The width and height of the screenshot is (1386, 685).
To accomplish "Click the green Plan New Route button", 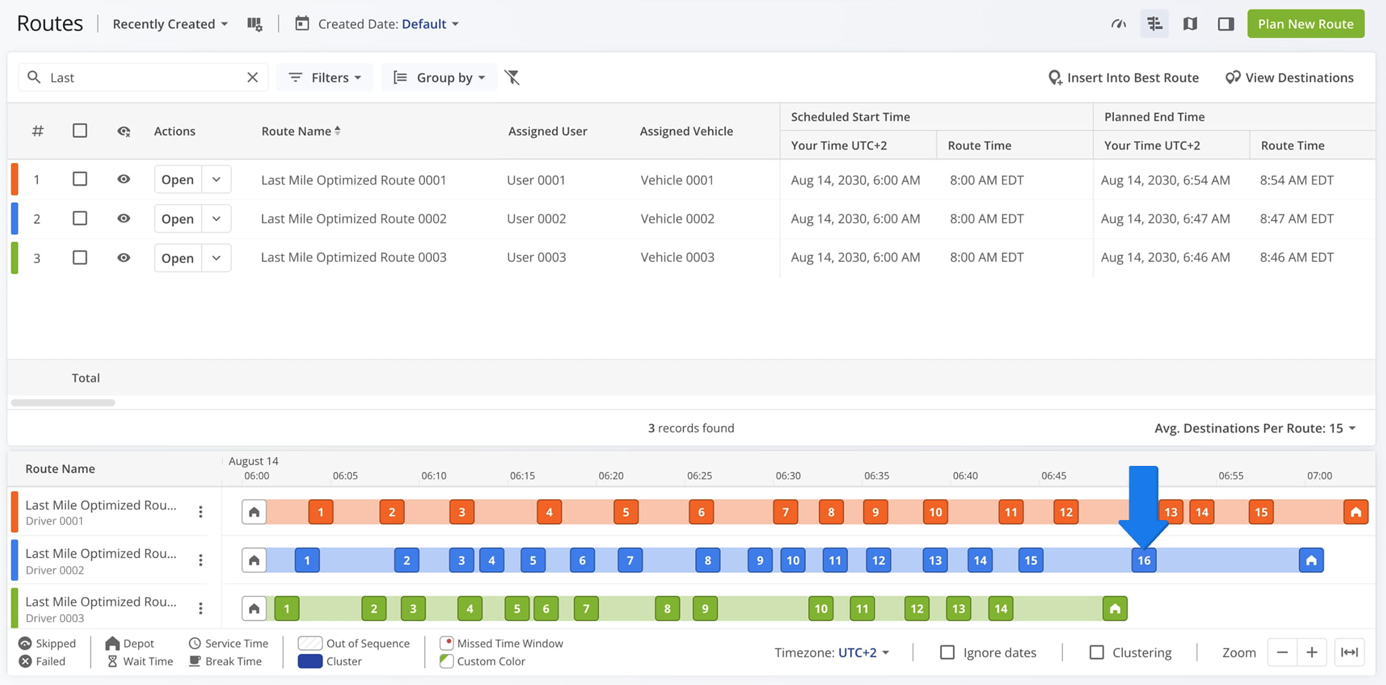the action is click(1305, 24).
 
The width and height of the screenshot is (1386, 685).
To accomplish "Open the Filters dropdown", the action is click(325, 78).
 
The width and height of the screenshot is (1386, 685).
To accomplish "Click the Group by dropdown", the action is click(439, 78).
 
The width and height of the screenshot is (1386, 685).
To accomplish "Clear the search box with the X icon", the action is click(252, 77).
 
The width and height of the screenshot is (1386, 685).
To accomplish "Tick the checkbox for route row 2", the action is click(80, 218).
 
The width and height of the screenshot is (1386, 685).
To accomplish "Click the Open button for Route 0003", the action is click(177, 258).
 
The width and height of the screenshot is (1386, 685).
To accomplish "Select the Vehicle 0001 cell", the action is click(677, 180).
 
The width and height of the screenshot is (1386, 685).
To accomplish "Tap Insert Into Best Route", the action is click(1123, 78).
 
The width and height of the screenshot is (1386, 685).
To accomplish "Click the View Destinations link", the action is click(1289, 78).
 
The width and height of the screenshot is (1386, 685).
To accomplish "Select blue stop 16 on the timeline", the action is click(1144, 560).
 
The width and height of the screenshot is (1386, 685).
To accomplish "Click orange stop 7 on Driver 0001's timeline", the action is click(785, 512).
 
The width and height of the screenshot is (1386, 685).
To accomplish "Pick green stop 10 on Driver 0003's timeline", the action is click(821, 609).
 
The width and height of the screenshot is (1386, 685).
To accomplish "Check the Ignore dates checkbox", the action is click(947, 653).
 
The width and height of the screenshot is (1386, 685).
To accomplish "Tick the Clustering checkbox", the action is click(1097, 653).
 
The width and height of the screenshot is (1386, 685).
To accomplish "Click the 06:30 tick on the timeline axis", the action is click(788, 475).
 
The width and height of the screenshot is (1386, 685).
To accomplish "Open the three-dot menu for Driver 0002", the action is click(200, 560).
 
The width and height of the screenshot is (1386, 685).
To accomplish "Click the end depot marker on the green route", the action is click(1115, 609).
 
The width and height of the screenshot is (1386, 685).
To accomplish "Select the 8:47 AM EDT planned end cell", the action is click(1297, 218).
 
